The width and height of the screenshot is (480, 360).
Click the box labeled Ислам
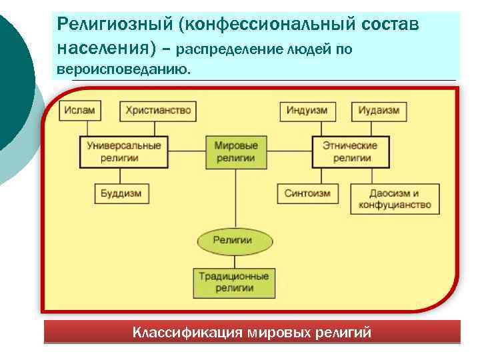[x=81, y=111]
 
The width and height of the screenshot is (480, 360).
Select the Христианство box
[x=158, y=111]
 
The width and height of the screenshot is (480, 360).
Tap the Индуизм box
[x=307, y=111]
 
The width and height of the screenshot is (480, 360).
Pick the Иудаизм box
[x=379, y=111]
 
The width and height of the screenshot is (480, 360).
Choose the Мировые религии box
[x=236, y=152]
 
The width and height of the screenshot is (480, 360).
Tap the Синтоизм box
[x=307, y=194]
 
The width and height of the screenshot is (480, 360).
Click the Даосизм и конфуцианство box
[x=395, y=199]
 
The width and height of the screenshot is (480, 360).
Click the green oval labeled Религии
[x=233, y=241]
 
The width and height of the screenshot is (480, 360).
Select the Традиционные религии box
[x=233, y=282]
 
